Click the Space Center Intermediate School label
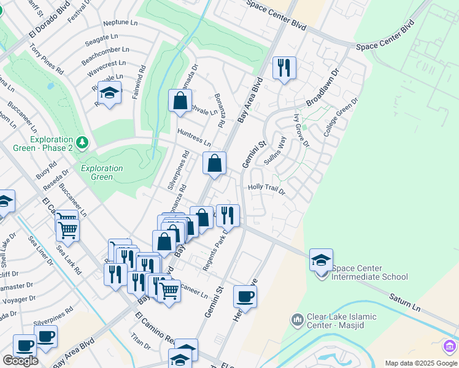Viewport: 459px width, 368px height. [369, 272]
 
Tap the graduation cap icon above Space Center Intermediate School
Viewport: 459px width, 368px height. [321, 259]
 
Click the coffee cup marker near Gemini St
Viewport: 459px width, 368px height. [245, 297]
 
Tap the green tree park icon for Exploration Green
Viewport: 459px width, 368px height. [83, 143]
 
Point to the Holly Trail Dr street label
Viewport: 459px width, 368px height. [266, 189]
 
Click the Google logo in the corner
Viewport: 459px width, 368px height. [21, 360]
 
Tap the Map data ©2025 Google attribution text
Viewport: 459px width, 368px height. [420, 363]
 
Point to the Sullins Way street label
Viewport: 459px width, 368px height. [275, 150]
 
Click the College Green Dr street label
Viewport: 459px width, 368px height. [342, 116]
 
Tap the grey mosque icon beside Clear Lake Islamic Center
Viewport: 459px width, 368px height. [298, 321]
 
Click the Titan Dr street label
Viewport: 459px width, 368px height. [141, 341]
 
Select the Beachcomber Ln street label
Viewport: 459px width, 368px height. [109, 50]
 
